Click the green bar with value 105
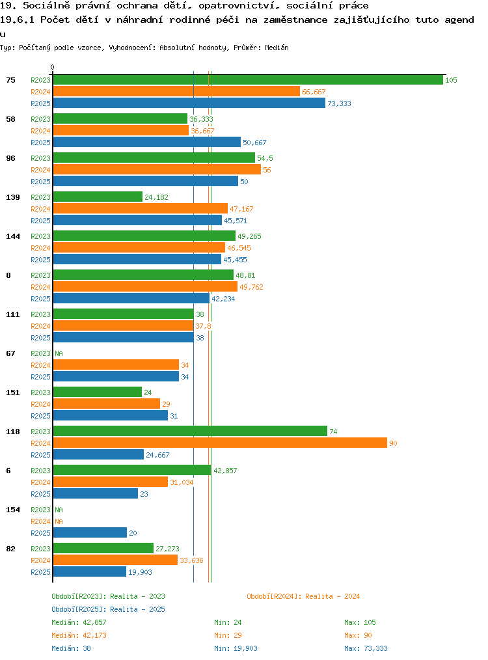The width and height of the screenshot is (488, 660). tap(248, 80)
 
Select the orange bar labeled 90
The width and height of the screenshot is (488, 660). tap(220, 443)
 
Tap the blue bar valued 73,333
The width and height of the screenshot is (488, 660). tap(189, 103)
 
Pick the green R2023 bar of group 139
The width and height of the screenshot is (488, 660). tap(98, 197)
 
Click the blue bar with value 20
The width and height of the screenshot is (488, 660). tap(90, 532)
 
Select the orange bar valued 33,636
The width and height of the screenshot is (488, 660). tap(116, 560)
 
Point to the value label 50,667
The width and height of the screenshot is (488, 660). tap(254, 143)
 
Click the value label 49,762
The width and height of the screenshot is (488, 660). tap(251, 287)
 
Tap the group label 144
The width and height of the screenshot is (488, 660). tap(13, 236)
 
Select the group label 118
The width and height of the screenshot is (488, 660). tap(13, 432)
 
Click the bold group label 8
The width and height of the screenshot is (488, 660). tap(8, 275)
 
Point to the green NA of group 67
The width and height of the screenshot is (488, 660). tap(59, 353)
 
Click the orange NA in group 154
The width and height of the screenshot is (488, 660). tap(59, 521)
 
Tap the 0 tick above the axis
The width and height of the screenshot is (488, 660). tap(52, 67)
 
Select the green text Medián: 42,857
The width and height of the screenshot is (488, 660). tap(79, 622)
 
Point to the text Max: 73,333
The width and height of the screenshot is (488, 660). tap(366, 648)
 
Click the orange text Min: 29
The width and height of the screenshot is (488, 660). tap(228, 635)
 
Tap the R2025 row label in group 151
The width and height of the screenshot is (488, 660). tap(40, 416)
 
